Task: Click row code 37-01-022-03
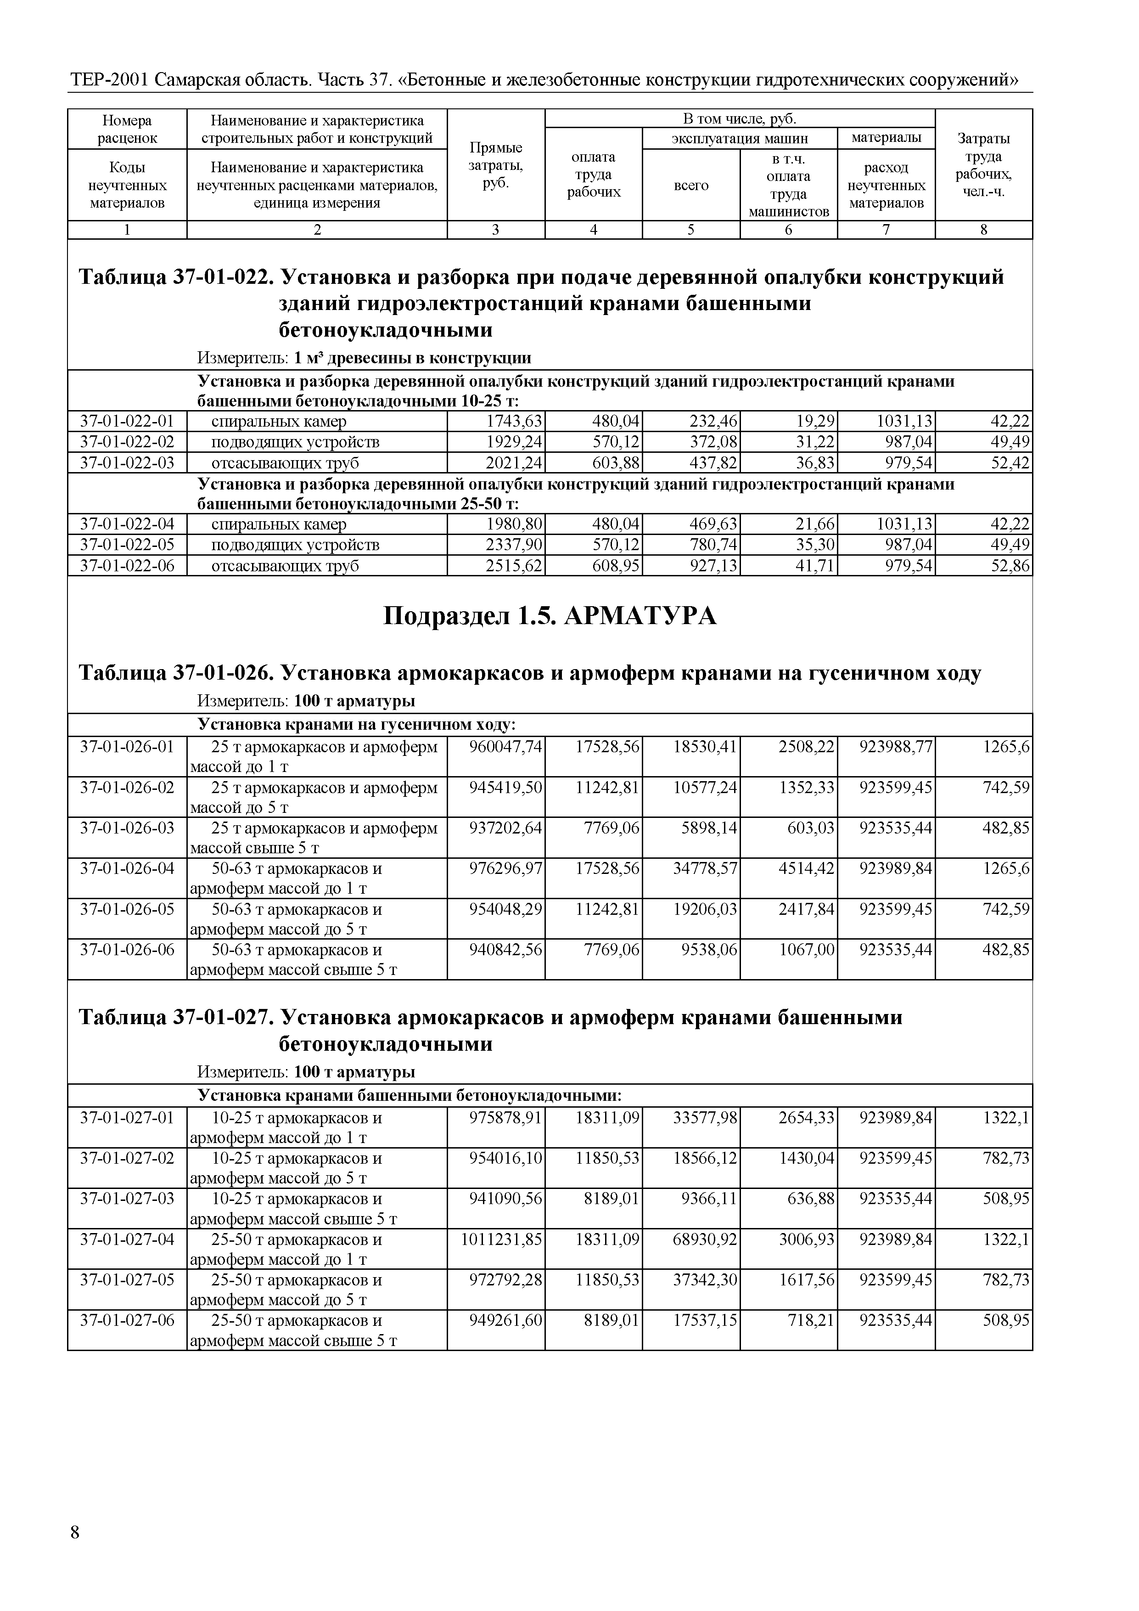click(127, 463)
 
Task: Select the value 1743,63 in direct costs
click(514, 422)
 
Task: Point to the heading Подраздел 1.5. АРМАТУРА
click(550, 616)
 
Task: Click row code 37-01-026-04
click(127, 869)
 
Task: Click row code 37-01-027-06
click(127, 1320)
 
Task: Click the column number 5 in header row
click(691, 230)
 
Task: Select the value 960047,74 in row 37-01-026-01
click(505, 747)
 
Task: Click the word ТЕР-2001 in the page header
click(109, 80)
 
